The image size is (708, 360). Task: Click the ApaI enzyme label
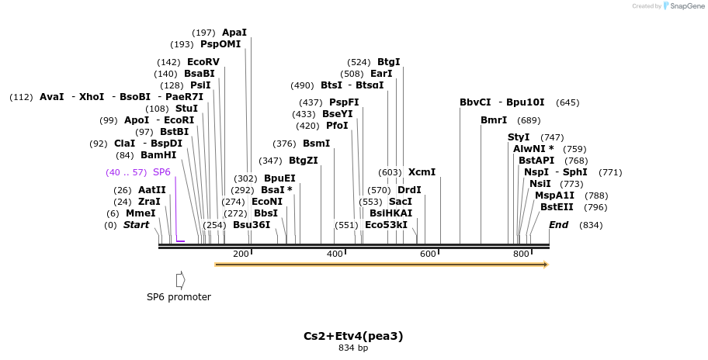pos(234,33)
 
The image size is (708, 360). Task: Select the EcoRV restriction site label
pos(203,62)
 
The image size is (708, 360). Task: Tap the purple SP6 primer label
pos(161,171)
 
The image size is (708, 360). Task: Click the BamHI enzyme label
pos(158,155)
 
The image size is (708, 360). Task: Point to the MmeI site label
pos(141,213)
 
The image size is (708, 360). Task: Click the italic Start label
pos(136,225)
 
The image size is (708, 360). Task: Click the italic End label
pos(558,225)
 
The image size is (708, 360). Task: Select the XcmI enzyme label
pos(422,172)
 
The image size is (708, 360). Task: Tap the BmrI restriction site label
pos(494,120)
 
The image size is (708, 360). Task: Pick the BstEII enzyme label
pos(557,206)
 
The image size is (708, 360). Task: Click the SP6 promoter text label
pos(179,297)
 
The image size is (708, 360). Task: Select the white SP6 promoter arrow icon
pos(180,279)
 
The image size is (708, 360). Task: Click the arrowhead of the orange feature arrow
pos(546,265)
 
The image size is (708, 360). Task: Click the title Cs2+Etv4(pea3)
pos(353,336)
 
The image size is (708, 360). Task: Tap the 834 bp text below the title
pos(353,348)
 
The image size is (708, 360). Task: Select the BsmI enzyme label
pos(316,144)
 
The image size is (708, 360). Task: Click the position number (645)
pos(567,102)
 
